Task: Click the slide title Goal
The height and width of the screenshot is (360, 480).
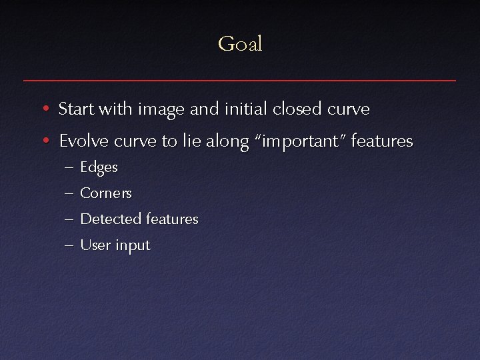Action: [x=240, y=44]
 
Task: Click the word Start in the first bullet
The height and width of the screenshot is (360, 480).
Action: [x=77, y=108]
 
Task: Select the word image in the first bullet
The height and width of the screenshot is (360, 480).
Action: [x=159, y=109]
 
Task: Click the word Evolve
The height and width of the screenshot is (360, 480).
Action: [x=83, y=141]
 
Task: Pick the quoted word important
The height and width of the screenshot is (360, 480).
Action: [x=302, y=142]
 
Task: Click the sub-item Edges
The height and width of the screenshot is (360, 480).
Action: [x=99, y=168]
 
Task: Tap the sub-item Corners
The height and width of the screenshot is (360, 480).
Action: [x=106, y=193]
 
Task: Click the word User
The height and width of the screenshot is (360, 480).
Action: [x=95, y=245]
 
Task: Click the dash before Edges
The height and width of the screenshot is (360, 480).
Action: [x=70, y=168]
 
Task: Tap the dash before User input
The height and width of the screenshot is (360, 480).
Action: [x=70, y=245]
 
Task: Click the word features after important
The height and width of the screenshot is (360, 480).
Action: [x=381, y=141]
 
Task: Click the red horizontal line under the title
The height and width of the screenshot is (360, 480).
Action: [x=240, y=80]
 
